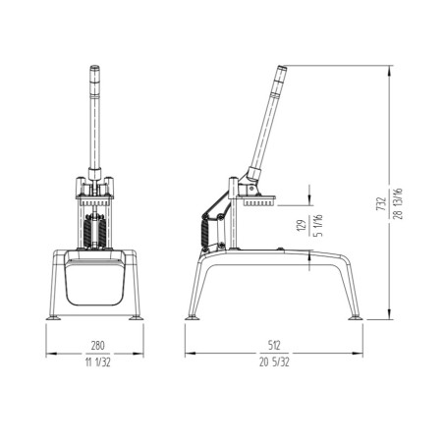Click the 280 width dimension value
click(x=94, y=346)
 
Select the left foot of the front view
click(x=54, y=316)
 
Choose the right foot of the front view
click(x=136, y=316)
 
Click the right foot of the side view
click(x=358, y=317)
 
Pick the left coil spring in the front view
click(x=86, y=233)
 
